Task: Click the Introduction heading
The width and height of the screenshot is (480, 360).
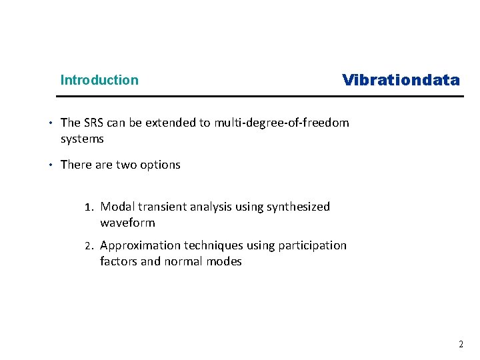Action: point(99,80)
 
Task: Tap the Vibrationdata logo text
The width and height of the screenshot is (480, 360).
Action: point(401,80)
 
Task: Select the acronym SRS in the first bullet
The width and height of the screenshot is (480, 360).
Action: point(94,123)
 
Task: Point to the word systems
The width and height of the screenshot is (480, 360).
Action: point(82,139)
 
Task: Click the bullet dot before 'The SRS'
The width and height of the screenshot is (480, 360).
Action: point(50,123)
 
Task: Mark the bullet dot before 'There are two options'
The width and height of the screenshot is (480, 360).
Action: point(50,165)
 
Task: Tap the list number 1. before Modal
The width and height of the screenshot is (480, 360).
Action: point(91,207)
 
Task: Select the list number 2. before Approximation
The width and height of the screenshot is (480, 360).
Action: point(91,245)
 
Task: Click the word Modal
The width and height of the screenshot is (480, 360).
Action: point(117,207)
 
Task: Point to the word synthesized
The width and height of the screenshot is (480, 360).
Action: point(298,207)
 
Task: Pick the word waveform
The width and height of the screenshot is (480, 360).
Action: point(127,223)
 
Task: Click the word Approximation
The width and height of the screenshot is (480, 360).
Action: point(137,245)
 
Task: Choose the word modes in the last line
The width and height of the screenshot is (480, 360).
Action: point(225,261)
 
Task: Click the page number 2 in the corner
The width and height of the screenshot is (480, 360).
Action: point(460,344)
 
